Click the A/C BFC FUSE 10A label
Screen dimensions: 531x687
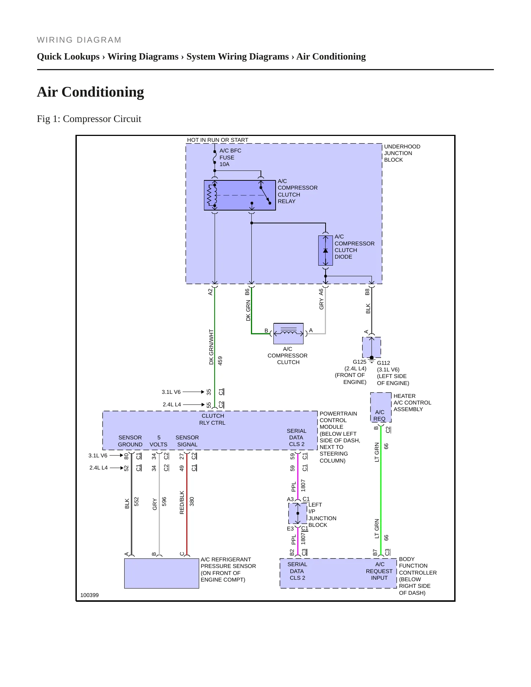coord(230,157)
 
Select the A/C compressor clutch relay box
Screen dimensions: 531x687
coord(240,195)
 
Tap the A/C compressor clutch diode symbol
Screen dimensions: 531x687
coord(325,251)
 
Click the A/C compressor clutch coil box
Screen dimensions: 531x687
coord(288,334)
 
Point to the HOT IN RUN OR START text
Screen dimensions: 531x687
coord(218,140)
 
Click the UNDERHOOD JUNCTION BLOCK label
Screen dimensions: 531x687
coord(402,153)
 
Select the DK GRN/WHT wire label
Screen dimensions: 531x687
coord(211,347)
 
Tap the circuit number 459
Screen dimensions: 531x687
coord(220,360)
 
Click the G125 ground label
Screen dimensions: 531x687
coord(359,362)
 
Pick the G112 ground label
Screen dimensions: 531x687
coord(383,363)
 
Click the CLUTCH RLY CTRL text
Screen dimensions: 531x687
coord(212,419)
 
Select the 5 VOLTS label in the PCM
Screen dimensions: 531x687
coord(158,441)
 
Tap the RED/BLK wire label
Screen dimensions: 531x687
coord(182,502)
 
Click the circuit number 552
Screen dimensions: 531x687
coord(136,501)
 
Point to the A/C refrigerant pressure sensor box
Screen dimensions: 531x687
coord(161,573)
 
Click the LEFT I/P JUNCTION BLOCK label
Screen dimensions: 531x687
coord(322,515)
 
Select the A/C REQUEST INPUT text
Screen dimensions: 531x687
coord(379,571)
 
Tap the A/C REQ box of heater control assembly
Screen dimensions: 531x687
coord(381,407)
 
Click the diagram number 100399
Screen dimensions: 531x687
coord(89,595)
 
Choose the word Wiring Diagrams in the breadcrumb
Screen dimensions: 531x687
coord(143,57)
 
